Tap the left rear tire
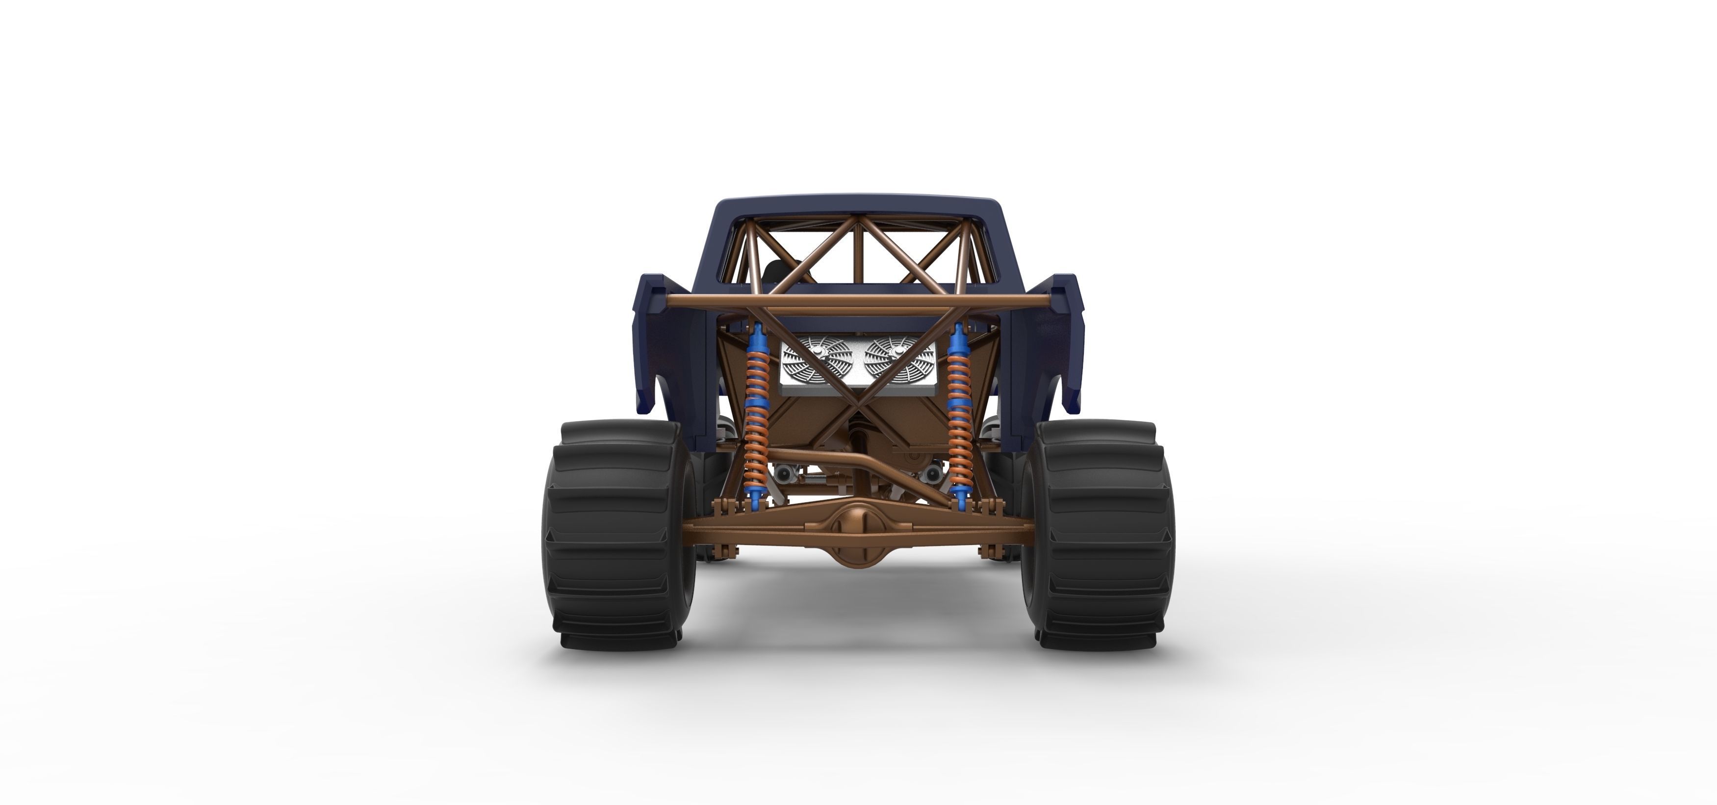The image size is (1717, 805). pyautogui.click(x=620, y=534)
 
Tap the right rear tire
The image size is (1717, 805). pyautogui.click(x=1099, y=534)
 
